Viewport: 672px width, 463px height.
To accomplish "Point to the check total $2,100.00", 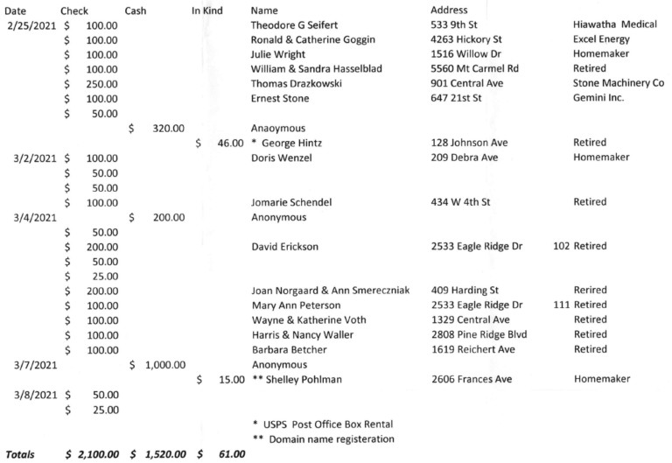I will pyautogui.click(x=97, y=453).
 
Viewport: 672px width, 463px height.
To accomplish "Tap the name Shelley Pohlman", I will pyautogui.click(x=299, y=378).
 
